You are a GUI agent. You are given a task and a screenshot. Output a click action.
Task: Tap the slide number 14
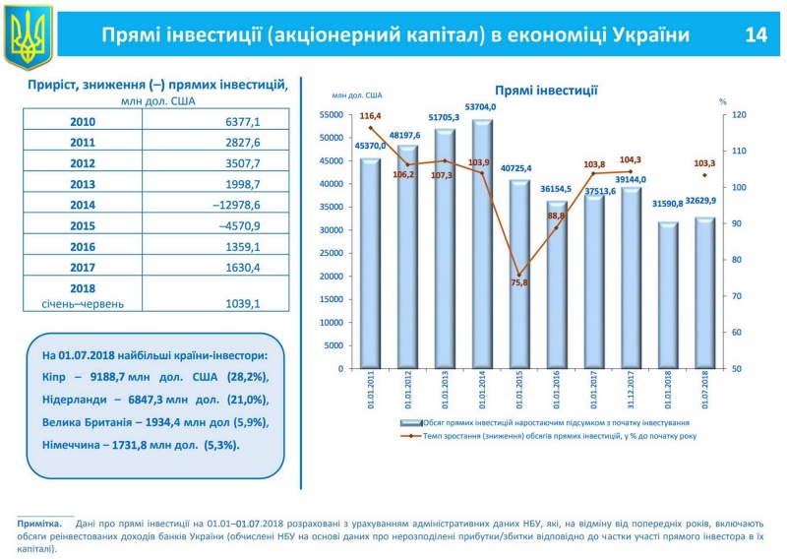pyautogui.click(x=755, y=35)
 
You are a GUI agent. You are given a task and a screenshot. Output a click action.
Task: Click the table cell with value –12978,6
pyautogui.click(x=230, y=205)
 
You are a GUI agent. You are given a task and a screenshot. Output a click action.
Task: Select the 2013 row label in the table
pyautogui.click(x=84, y=184)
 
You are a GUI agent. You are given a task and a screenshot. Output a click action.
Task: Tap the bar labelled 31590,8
pyautogui.click(x=670, y=294)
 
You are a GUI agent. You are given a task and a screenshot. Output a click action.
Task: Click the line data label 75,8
pyautogui.click(x=519, y=283)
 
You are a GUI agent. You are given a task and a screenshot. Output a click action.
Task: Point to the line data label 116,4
pyautogui.click(x=370, y=116)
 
